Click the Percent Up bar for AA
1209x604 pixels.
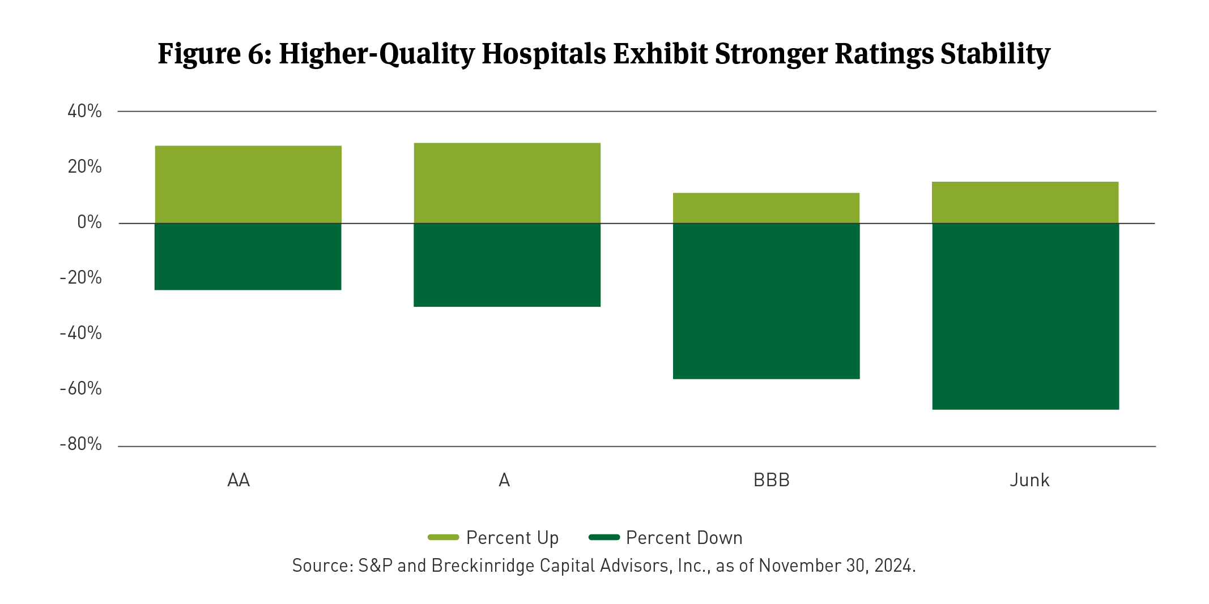(248, 185)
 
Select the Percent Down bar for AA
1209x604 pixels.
(248, 257)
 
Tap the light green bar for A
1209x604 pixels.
(507, 183)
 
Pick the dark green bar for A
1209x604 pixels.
(507, 265)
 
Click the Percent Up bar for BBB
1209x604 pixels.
(766, 208)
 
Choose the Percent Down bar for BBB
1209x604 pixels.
(766, 301)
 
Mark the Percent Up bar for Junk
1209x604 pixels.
(1025, 203)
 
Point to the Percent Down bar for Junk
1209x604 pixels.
(1025, 316)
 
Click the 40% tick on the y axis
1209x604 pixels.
(85, 111)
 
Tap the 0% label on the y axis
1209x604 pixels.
(90, 222)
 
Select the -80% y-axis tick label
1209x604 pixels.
(81, 444)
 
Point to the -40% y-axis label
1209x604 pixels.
(81, 333)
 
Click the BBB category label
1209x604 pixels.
(771, 480)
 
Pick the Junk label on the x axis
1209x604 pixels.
(1029, 480)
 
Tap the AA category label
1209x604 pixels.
(239, 480)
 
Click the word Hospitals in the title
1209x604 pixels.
(543, 54)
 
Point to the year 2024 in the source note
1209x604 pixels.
(893, 566)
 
